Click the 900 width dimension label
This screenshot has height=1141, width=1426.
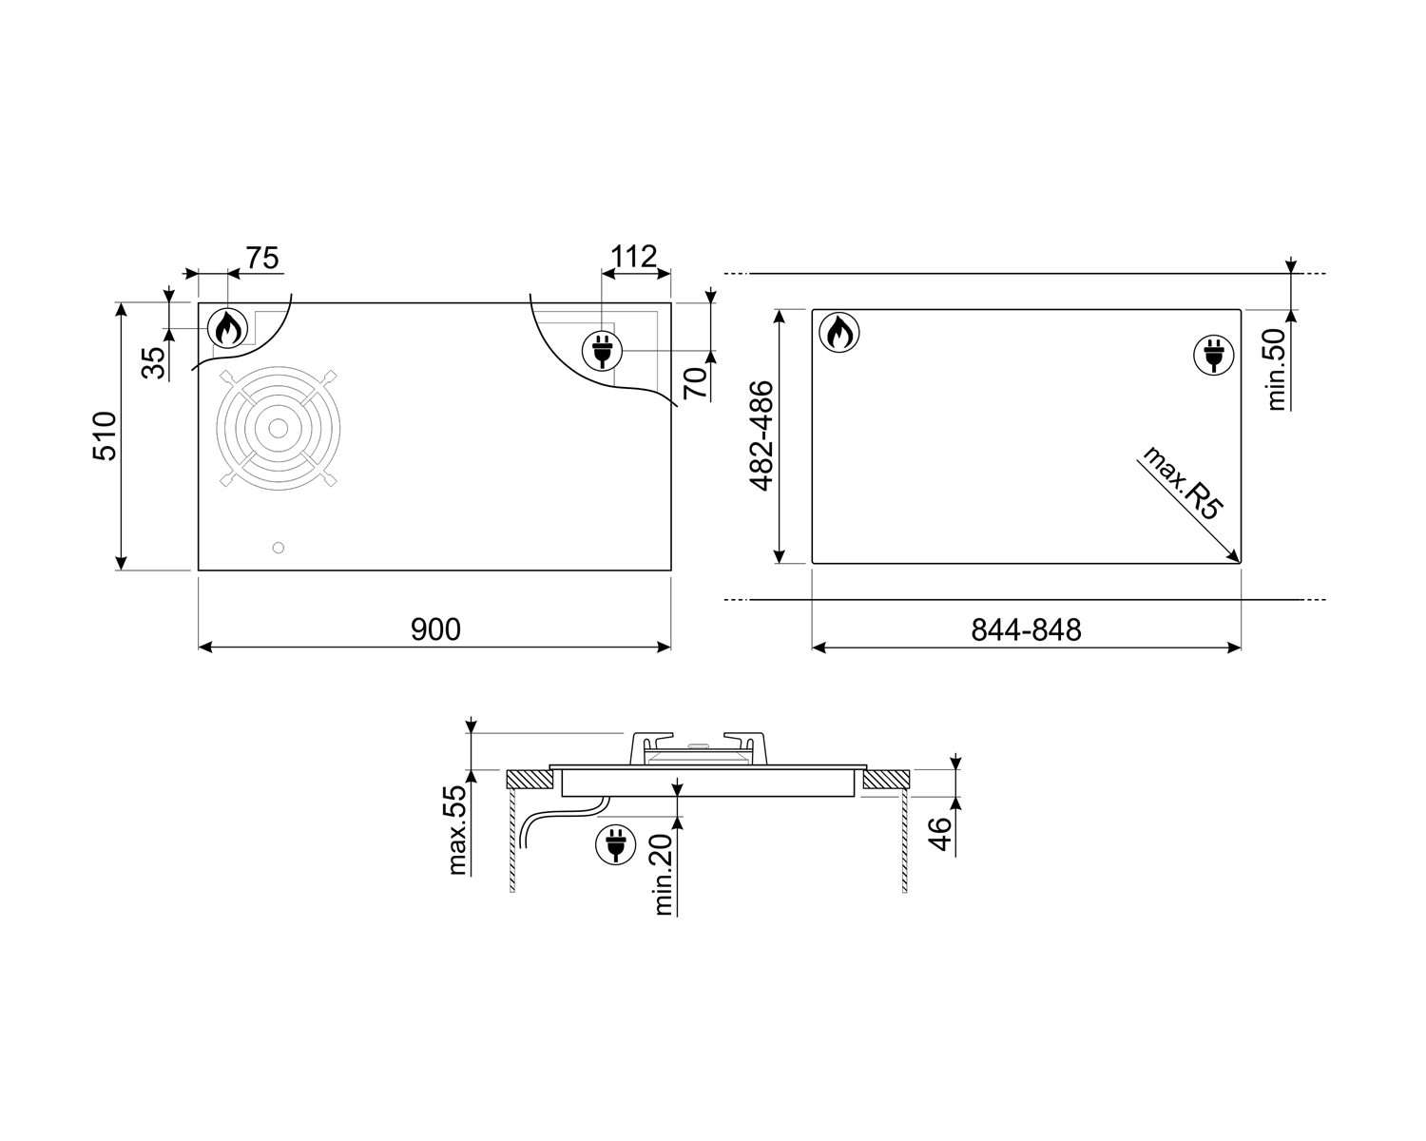point(435,629)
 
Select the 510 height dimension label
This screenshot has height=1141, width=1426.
point(105,435)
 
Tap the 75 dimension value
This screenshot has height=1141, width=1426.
point(262,258)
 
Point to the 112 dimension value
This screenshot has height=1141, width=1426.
point(633,256)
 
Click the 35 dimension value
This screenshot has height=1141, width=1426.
point(154,362)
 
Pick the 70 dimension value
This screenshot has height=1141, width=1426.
point(695,382)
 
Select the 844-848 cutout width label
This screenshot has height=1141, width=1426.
point(1026,629)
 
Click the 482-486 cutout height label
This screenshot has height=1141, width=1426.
point(761,435)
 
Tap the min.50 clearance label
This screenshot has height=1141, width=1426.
point(1276,369)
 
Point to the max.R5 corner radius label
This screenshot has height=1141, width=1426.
point(1182,483)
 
